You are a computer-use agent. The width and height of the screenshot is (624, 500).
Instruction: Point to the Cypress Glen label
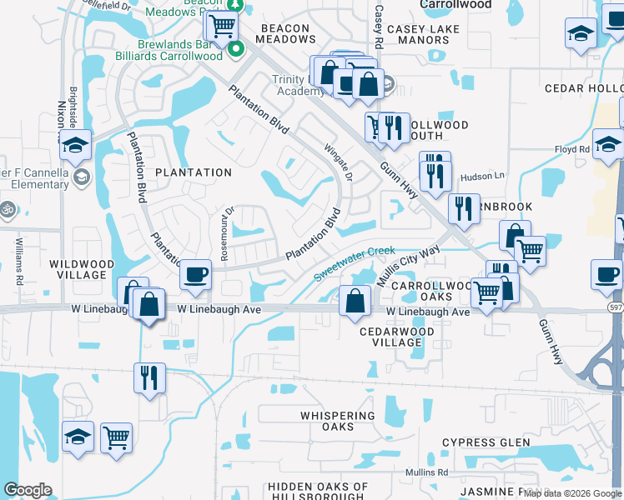click(486, 442)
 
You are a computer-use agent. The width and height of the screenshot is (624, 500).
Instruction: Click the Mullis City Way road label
click(407, 266)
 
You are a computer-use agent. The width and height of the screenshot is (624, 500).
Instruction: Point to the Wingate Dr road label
click(340, 160)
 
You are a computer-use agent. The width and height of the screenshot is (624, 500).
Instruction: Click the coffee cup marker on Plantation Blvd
click(195, 275)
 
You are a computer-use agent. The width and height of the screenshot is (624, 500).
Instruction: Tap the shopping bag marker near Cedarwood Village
click(355, 302)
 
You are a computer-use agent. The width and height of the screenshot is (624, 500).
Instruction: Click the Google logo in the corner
click(28, 490)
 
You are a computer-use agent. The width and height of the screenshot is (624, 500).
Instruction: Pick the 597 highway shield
click(614, 307)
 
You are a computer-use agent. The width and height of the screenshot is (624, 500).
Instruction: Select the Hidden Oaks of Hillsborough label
click(318, 492)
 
